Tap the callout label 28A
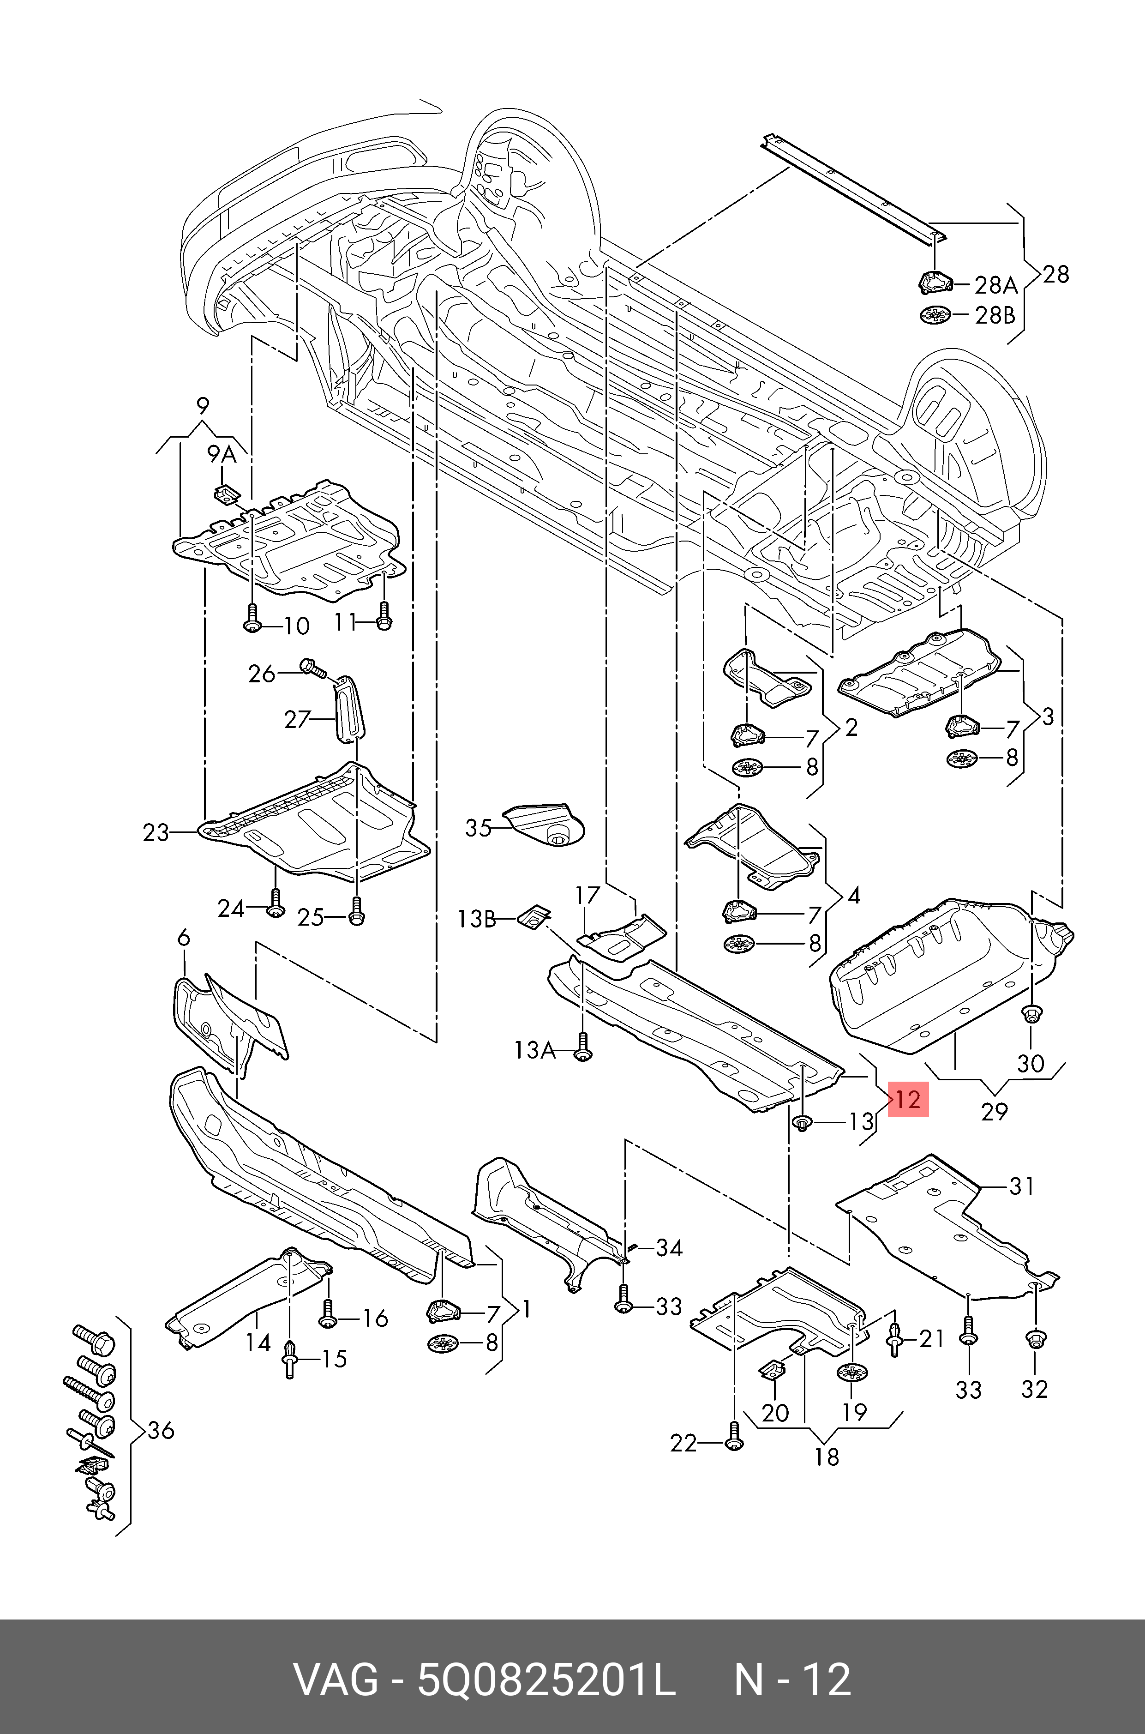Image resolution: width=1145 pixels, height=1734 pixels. (x=996, y=285)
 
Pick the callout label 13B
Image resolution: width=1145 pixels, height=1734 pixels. (x=476, y=919)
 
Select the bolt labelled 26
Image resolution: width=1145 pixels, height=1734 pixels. (x=310, y=666)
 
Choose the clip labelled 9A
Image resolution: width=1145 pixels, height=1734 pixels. (x=225, y=493)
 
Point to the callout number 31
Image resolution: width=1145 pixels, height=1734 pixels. (x=1022, y=1186)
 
